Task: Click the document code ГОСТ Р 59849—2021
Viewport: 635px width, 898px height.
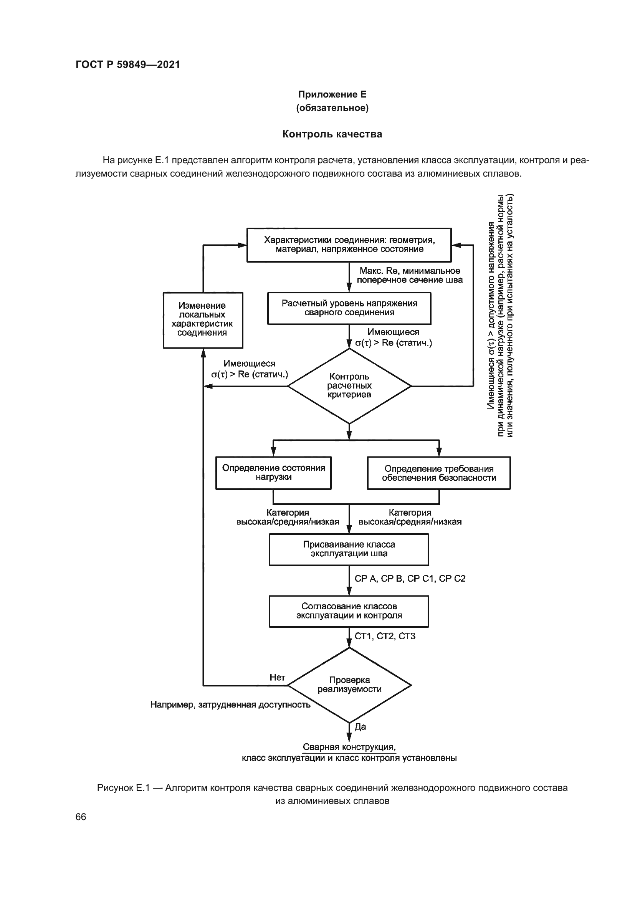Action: pos(128,64)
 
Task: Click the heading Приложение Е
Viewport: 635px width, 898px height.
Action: pos(332,94)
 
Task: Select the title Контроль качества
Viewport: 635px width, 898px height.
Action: pos(332,134)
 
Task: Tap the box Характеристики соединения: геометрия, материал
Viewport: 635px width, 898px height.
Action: pos(349,245)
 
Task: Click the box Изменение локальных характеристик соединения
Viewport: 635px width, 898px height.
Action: pos(203,319)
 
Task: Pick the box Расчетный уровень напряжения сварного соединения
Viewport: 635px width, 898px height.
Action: pos(349,308)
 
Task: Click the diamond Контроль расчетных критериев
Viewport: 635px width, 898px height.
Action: pos(349,385)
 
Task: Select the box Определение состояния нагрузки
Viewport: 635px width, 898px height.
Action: pos(273,473)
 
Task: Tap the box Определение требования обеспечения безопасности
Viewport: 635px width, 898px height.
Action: pos(439,473)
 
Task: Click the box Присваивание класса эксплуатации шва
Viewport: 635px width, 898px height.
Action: pos(349,549)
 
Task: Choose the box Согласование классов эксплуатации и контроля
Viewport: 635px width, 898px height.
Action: pos(349,611)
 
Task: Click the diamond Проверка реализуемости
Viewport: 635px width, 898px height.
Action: pos(349,685)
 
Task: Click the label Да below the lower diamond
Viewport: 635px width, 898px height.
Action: pos(360,727)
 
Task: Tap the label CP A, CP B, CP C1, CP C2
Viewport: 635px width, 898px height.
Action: pos(410,579)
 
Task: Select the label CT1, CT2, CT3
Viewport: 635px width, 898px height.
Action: pos(385,636)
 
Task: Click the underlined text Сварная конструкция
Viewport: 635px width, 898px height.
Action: pos(349,747)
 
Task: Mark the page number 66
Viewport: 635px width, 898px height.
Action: pos(81,817)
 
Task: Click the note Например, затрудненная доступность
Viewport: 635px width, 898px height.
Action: pos(230,705)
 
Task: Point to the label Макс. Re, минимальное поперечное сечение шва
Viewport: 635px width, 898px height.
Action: pos(409,275)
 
